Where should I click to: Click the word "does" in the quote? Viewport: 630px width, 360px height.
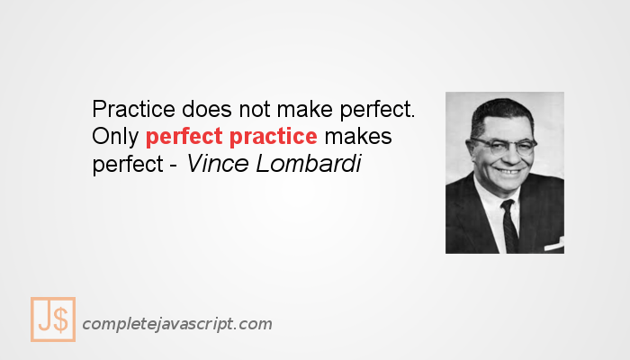point(204,110)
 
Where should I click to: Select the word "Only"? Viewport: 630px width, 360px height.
point(115,139)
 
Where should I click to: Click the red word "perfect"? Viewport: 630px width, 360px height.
point(184,139)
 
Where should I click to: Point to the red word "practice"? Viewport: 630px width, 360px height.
point(272,139)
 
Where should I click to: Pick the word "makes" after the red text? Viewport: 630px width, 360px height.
point(358,139)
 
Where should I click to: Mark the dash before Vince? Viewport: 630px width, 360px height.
point(173,167)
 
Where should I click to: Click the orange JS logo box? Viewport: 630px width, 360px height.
point(53,319)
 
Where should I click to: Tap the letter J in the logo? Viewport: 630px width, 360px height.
point(44,319)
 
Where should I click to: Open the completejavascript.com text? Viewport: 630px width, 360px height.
point(176,324)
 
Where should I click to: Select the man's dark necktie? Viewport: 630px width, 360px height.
point(509,225)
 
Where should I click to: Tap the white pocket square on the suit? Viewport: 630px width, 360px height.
point(553,242)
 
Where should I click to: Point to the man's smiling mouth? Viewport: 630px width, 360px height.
point(508,170)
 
